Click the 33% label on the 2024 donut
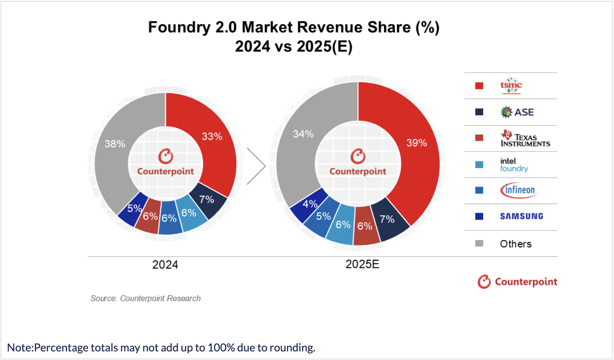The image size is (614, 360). (212, 136)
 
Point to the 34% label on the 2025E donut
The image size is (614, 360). (303, 134)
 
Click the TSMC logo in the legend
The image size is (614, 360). (511, 85)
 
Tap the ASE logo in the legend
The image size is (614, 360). (517, 112)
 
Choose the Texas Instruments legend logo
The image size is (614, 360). (525, 139)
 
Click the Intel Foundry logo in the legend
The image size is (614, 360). (513, 165)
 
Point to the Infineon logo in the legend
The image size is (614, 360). (519, 190)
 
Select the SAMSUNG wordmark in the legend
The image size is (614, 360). (521, 216)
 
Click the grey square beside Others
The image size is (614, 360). (479, 243)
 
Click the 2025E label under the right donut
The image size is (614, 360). (362, 264)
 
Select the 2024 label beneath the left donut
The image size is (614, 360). (165, 265)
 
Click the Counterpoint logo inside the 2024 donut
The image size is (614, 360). (165, 163)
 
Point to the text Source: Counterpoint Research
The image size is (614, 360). (145, 298)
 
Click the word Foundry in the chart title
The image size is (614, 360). (179, 27)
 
